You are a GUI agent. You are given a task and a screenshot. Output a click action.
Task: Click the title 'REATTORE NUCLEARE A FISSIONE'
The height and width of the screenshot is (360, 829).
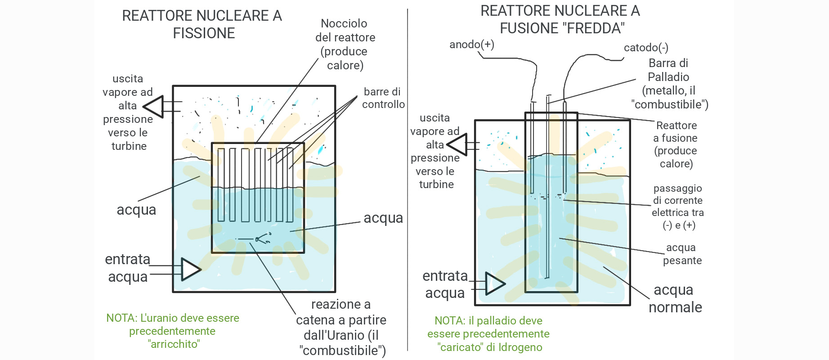point(202,24)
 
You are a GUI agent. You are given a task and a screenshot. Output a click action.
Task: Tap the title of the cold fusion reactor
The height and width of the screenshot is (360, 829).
point(560,19)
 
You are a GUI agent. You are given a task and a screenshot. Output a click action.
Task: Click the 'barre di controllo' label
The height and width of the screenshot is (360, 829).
point(383,98)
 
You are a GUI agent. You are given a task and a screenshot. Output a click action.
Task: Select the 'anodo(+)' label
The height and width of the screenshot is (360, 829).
point(471,45)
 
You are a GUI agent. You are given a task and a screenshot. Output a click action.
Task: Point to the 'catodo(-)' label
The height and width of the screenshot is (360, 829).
point(646,48)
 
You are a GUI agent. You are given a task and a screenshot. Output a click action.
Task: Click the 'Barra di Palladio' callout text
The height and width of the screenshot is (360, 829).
point(669,84)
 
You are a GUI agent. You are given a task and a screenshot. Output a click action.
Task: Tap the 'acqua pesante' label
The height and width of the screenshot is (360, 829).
point(681,254)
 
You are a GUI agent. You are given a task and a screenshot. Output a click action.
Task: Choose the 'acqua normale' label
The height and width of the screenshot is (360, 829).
point(674,298)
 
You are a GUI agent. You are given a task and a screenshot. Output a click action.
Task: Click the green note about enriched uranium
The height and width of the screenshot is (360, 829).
point(173,331)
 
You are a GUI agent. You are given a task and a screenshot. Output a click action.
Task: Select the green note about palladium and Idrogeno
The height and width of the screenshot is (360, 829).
point(489,334)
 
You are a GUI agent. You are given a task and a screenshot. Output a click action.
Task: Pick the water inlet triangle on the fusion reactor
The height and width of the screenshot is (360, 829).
point(495,283)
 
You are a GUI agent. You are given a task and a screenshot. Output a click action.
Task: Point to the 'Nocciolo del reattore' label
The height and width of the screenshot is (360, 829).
point(345,44)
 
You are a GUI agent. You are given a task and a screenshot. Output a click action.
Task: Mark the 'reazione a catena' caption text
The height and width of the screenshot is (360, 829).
point(341,327)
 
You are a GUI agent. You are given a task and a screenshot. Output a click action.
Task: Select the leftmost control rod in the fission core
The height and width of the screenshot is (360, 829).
point(221,184)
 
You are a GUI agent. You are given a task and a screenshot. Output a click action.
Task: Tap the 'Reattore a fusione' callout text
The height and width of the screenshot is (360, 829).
point(676,144)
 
